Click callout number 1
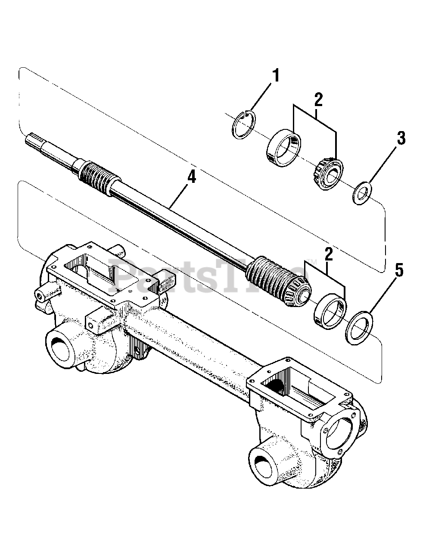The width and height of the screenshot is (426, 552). tap(275, 76)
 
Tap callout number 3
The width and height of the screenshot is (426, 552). tap(401, 139)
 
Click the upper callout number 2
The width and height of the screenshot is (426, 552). tap(317, 100)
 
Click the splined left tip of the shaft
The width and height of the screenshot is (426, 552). tap(32, 139)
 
